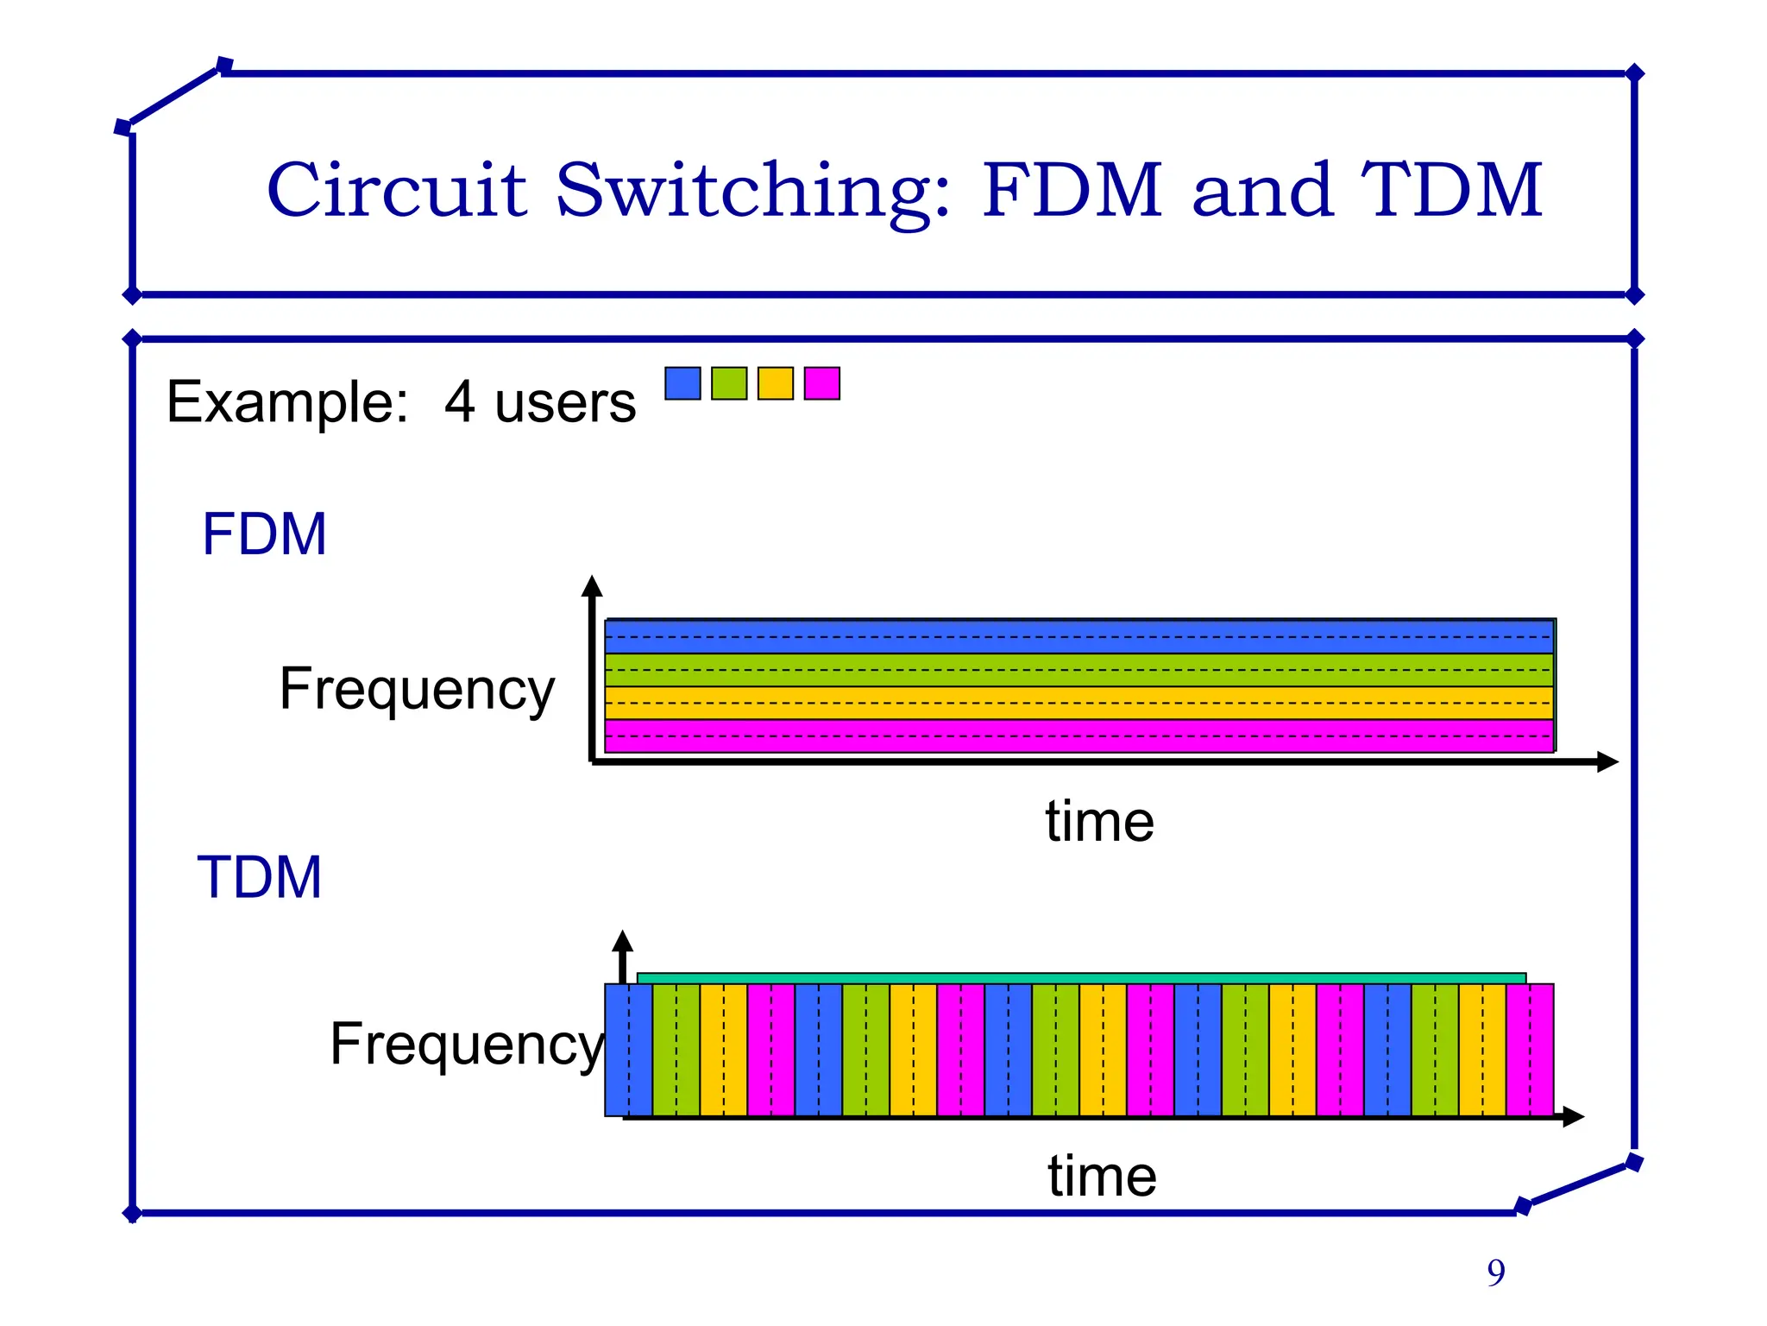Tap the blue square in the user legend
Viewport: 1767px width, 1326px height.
tap(682, 383)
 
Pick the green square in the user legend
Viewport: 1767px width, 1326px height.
tap(729, 383)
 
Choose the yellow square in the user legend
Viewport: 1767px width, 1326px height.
tap(776, 383)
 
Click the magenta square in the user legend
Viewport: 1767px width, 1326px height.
tap(822, 383)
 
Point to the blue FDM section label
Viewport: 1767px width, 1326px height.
tap(264, 534)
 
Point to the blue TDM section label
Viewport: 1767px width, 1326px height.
tap(260, 878)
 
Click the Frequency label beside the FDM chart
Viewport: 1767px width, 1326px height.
tap(417, 689)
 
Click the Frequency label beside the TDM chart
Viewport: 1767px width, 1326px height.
tap(467, 1045)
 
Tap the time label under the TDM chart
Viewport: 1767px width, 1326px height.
tap(1102, 1176)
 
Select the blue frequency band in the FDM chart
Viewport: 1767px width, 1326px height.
tap(1078, 637)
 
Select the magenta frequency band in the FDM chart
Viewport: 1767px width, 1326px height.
tap(1078, 736)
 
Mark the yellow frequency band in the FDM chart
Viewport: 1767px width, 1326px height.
tap(1078, 703)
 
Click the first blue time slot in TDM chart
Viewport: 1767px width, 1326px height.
tap(628, 1050)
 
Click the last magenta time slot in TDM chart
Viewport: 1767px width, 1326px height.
tap(1530, 1050)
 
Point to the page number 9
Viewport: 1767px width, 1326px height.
tap(1496, 1272)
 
